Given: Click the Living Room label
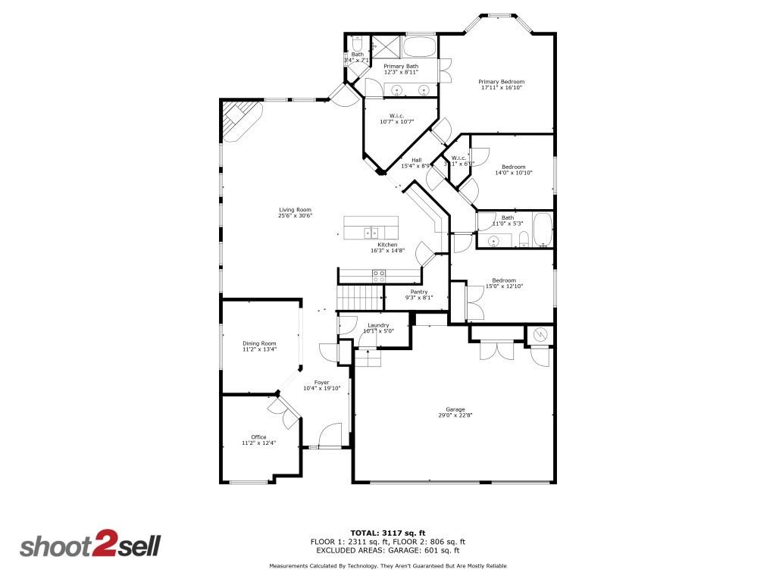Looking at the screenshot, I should [295, 210].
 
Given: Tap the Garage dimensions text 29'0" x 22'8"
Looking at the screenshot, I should [455, 415].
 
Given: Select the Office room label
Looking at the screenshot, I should [258, 436].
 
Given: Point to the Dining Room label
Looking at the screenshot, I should [259, 343].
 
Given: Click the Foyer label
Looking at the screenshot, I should [321, 382].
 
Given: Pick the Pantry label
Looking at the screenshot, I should [419, 292].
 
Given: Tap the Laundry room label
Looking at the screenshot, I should [378, 325].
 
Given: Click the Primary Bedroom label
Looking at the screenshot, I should [501, 82].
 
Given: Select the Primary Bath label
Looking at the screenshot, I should [400, 66].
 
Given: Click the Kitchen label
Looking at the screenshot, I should [387, 245].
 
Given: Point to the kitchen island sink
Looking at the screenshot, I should [370, 233].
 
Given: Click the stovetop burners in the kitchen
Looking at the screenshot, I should [378, 276].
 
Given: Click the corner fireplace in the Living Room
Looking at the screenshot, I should [239, 120].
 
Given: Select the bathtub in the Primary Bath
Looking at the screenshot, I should [418, 47].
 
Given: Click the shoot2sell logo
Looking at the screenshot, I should [89, 546].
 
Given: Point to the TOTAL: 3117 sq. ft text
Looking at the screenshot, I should [387, 532].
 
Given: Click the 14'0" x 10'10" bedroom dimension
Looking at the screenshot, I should [514, 174].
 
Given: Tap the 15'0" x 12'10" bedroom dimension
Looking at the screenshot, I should [504, 286].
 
